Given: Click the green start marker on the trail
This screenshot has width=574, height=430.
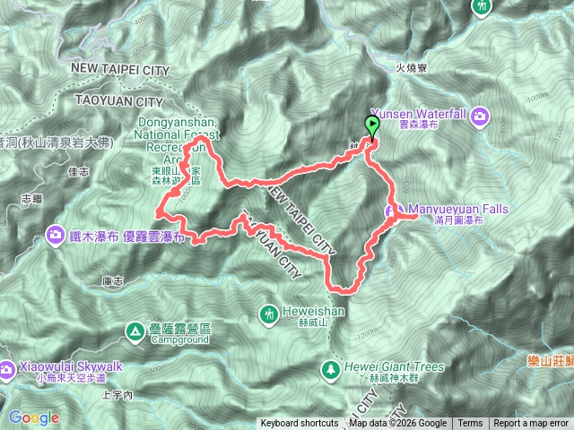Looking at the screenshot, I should (372, 126).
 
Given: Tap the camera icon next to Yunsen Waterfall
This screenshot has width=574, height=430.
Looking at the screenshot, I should (481, 115).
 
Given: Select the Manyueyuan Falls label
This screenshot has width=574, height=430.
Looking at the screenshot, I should (458, 211).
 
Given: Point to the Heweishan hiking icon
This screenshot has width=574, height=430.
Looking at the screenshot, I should (269, 314).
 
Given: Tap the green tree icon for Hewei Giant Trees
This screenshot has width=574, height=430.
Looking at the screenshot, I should (332, 367).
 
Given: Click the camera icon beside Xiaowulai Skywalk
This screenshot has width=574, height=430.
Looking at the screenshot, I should (7, 367).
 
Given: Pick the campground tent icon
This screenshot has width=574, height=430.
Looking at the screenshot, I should (135, 331).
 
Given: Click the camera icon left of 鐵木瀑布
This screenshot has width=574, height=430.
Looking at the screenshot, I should (54, 236).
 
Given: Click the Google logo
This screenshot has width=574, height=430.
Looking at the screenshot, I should (34, 417).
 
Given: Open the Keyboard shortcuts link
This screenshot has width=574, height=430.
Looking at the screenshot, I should (300, 424).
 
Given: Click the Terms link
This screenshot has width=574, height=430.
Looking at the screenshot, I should (470, 424).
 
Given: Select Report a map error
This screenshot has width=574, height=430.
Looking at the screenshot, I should (531, 424).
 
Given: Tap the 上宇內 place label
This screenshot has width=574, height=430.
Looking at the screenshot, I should (118, 394).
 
